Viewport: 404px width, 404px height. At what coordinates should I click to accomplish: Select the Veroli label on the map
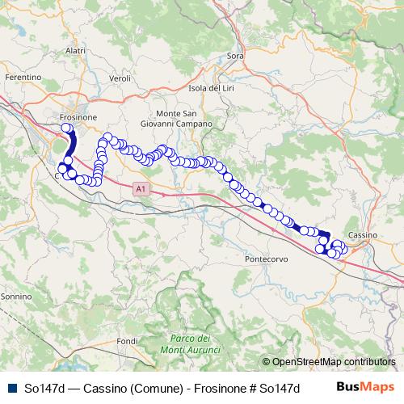120,78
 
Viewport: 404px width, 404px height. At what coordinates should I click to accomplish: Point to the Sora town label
235,56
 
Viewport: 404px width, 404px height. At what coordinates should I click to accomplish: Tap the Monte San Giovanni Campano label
183,119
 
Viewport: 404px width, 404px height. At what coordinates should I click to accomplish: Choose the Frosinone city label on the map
78,117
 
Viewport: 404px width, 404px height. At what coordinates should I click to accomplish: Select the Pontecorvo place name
266,260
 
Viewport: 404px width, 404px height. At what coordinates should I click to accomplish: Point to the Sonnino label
15,297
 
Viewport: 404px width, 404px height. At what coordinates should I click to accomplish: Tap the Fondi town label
128,342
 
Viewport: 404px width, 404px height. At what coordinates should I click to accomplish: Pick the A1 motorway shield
141,189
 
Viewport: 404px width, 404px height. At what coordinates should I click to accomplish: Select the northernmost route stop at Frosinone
66,128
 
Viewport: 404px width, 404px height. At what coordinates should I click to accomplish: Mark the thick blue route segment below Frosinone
71,145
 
